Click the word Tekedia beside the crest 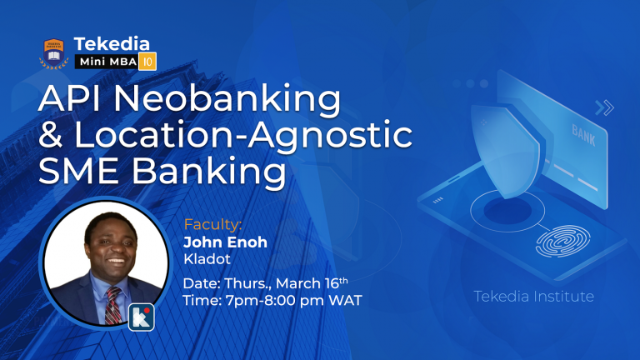point(111,43)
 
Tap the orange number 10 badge point(147,62)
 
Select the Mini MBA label point(107,62)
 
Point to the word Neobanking point(227,101)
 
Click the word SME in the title point(82,172)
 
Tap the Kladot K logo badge point(141,318)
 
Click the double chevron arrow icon point(604,107)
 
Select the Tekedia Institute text point(534,296)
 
